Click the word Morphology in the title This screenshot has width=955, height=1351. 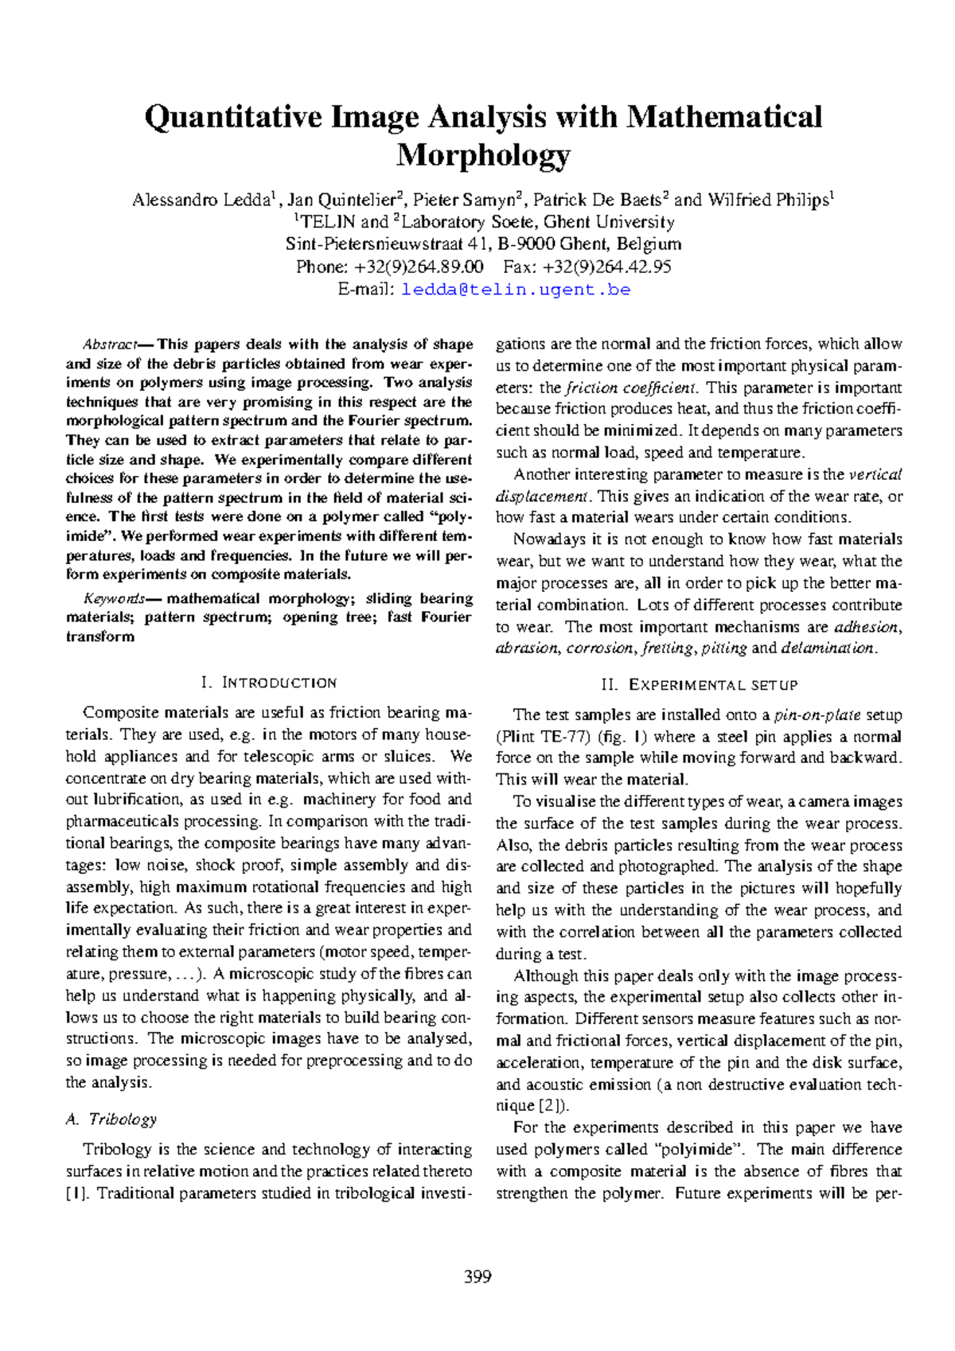[x=483, y=155]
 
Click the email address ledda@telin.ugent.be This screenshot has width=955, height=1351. [x=516, y=290]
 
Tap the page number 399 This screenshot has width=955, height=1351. [x=477, y=1277]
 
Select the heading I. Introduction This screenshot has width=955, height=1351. [x=269, y=683]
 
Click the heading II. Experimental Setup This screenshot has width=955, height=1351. [x=699, y=685]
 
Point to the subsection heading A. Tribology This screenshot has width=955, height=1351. [x=111, y=1119]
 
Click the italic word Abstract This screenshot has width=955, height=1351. [x=109, y=345]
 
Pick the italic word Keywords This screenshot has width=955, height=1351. [x=114, y=598]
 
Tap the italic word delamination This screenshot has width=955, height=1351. [x=828, y=648]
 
